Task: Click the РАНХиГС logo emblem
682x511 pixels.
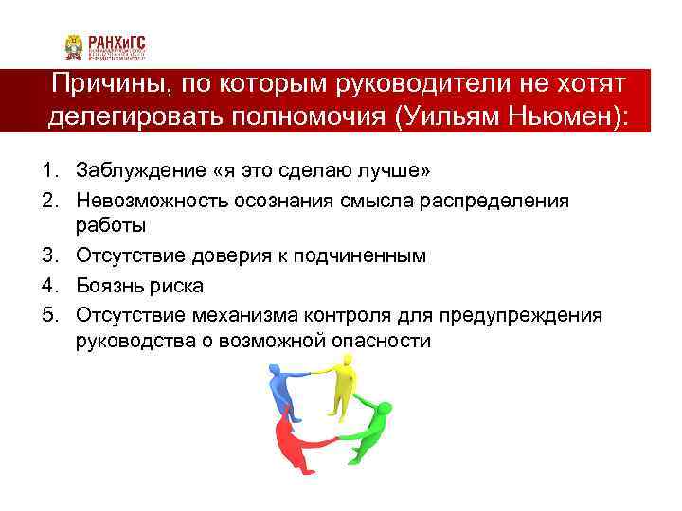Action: pyautogui.click(x=73, y=46)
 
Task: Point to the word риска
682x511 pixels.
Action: pyautogui.click(x=179, y=284)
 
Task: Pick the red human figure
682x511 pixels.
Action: pyautogui.click(x=293, y=446)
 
